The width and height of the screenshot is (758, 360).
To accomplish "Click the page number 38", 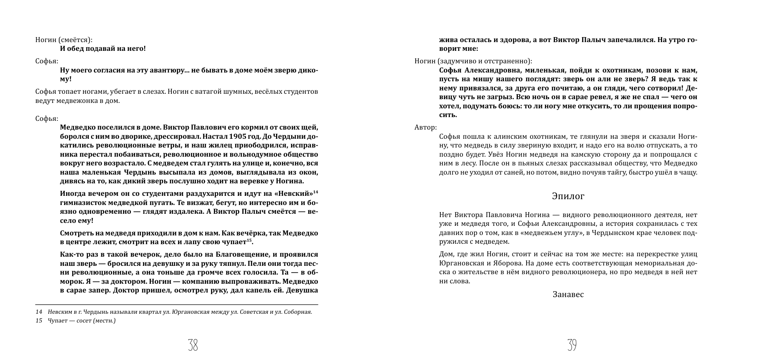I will [x=193, y=345].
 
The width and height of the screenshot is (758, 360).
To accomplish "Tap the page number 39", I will [x=572, y=345].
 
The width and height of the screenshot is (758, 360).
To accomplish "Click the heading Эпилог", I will [x=568, y=196].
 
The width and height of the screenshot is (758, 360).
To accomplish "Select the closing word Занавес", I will [x=568, y=295].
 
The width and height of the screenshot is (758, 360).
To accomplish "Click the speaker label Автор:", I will [x=426, y=127].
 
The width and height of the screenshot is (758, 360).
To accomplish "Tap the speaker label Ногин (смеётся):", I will [x=64, y=40].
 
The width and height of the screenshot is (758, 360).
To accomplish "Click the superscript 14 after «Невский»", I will [x=316, y=192].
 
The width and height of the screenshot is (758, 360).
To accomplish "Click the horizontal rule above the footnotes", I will [x=176, y=305].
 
